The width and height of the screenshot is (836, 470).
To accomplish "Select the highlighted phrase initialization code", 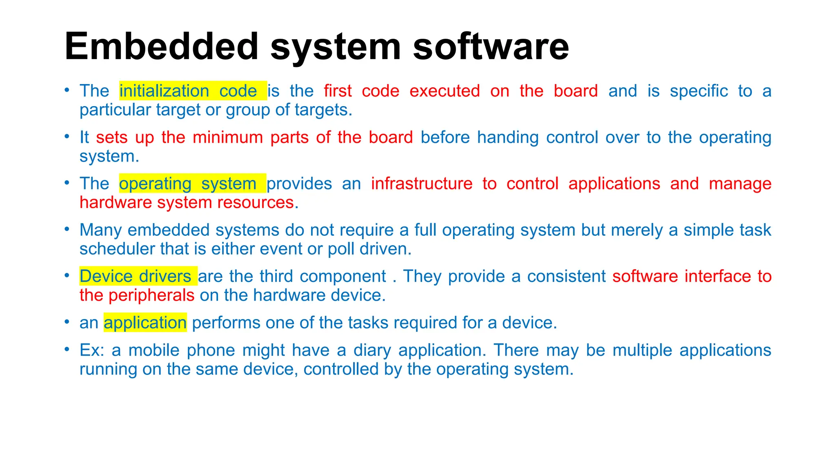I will tap(193, 91).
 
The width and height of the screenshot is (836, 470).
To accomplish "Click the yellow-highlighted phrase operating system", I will tap(192, 184).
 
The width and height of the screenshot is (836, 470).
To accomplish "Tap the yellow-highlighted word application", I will tap(145, 323).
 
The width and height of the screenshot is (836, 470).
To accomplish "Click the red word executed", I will tap(445, 91).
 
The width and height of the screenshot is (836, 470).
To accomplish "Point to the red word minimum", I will tap(228, 137).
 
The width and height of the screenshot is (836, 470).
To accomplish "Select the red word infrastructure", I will tap(422, 184).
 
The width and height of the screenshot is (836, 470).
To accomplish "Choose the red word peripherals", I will tap(151, 295).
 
